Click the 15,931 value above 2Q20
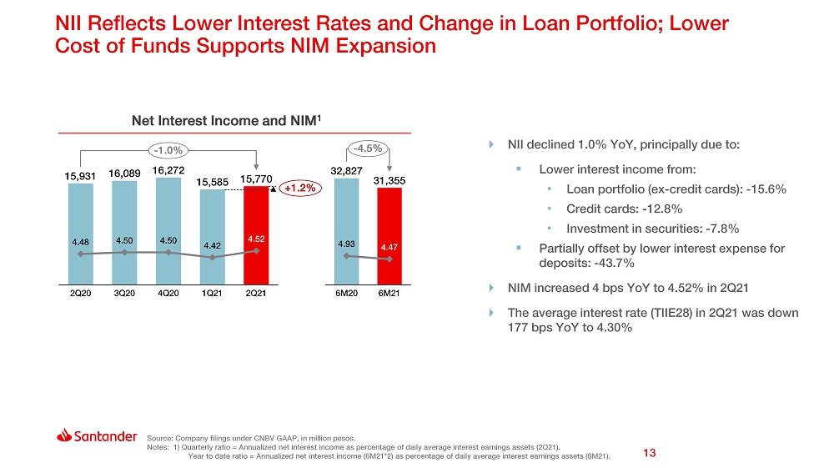tap(81, 176)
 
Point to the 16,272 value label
tap(168, 170)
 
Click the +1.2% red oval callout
tap(299, 189)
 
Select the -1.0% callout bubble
tap(168, 150)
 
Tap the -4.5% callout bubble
tap(367, 149)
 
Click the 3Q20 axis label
tap(124, 294)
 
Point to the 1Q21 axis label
tap(212, 294)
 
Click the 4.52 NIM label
tap(256, 239)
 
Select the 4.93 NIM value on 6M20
tap(346, 244)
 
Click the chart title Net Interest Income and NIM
tap(227, 122)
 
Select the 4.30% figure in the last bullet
tap(611, 328)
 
